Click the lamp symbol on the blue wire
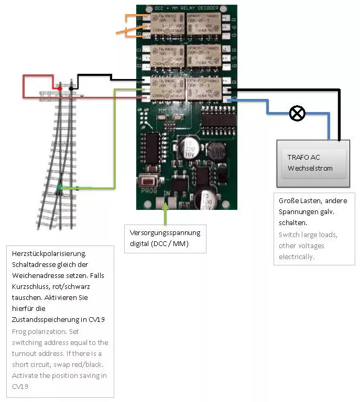[x=297, y=113]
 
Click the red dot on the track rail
[x=60, y=88]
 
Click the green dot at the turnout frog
[x=60, y=187]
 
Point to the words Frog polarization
[x=37, y=332]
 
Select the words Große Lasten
[x=296, y=200]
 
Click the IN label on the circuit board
[x=167, y=194]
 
